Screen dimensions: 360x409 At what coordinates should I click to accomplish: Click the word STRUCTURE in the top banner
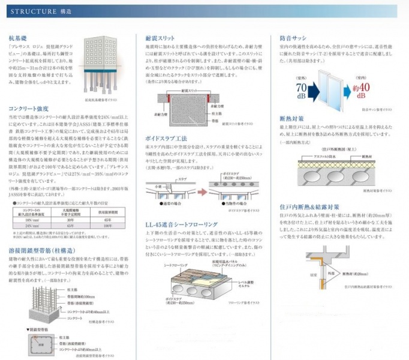point(26,10)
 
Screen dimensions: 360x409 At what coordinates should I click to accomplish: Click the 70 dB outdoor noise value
point(302,89)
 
